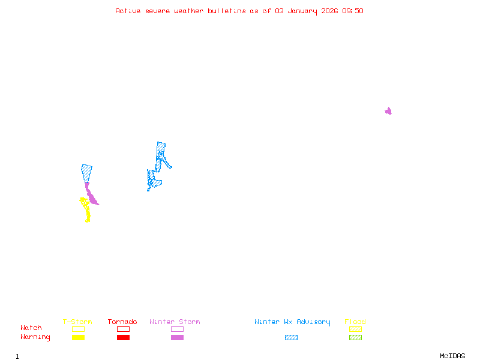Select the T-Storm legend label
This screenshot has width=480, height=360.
pos(77,322)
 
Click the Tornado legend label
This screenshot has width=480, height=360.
pos(122,322)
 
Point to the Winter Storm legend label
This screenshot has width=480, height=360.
pos(175,322)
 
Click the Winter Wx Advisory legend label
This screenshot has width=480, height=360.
pos(292,322)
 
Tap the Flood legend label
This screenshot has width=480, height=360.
pos(355,322)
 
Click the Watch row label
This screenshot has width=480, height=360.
pos(31,328)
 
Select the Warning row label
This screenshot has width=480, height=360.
pos(35,337)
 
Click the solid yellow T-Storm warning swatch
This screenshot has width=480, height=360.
pos(78,338)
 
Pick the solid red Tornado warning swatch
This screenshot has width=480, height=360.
pos(123,338)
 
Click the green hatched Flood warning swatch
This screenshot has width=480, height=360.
pos(355,338)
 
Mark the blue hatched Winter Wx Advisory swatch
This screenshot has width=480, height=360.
pos(291,338)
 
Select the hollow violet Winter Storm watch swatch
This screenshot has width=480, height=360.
pos(177,329)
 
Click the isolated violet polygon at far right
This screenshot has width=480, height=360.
pos(388,111)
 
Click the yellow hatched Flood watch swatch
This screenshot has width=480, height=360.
pos(355,329)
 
